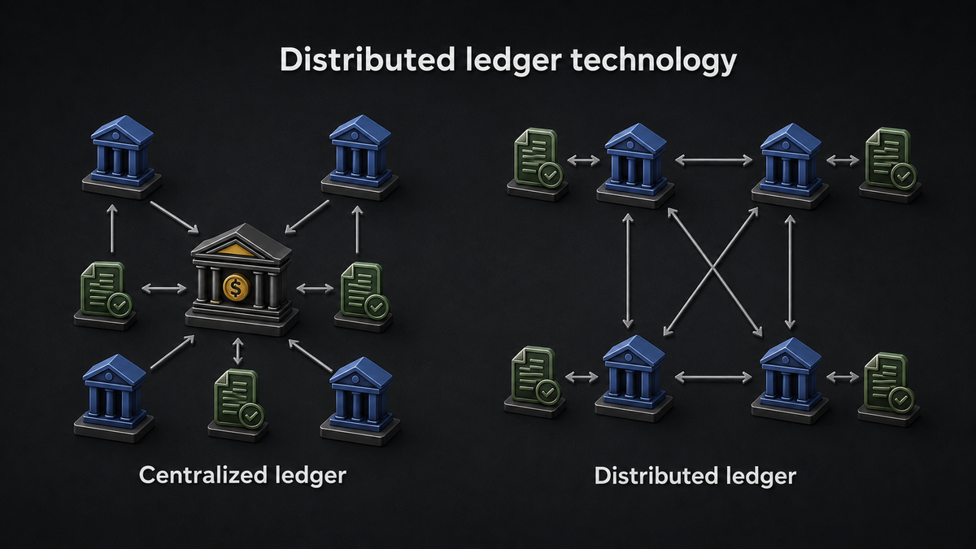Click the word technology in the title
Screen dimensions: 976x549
click(x=654, y=61)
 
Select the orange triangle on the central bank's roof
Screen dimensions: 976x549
click(x=236, y=250)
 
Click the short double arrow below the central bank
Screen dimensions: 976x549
click(x=237, y=351)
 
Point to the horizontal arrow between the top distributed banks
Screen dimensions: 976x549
click(x=714, y=160)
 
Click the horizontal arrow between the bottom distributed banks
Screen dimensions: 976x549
click(x=713, y=377)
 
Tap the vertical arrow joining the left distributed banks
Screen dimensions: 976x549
click(x=628, y=271)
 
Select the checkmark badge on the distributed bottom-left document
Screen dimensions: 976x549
click(x=547, y=392)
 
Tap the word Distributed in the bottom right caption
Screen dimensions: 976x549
click(x=656, y=475)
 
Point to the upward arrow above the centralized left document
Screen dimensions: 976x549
click(x=112, y=229)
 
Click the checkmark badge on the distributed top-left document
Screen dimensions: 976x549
click(x=551, y=175)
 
